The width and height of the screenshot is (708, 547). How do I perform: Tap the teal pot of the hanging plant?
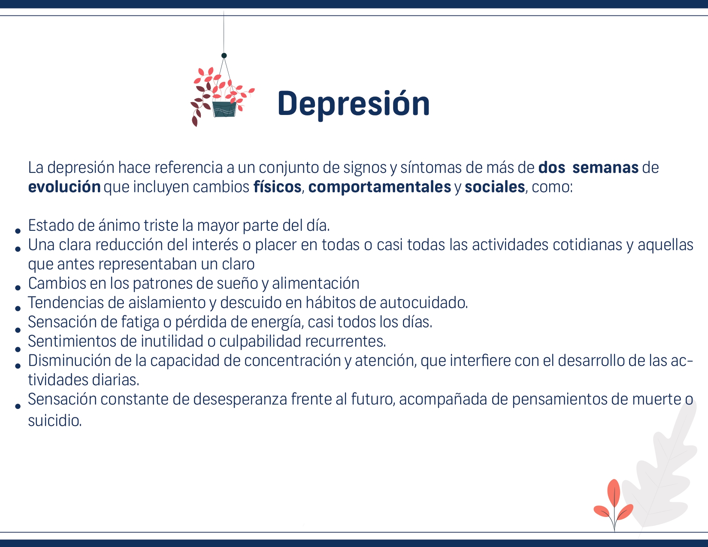224,109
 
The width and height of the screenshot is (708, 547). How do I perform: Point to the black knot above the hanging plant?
224,55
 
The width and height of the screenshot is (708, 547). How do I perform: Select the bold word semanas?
605,167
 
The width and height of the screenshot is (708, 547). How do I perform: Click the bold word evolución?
64,187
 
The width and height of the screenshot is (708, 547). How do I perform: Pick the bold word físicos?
278,187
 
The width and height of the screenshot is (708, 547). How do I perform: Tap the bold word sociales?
495,187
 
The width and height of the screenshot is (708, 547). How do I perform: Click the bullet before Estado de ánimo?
18,231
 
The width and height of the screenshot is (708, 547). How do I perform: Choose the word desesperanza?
240,399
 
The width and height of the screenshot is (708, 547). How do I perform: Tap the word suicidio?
55,420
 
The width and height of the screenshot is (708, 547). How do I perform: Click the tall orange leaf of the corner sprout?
614,493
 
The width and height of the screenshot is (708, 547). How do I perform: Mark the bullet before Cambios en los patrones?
18,288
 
